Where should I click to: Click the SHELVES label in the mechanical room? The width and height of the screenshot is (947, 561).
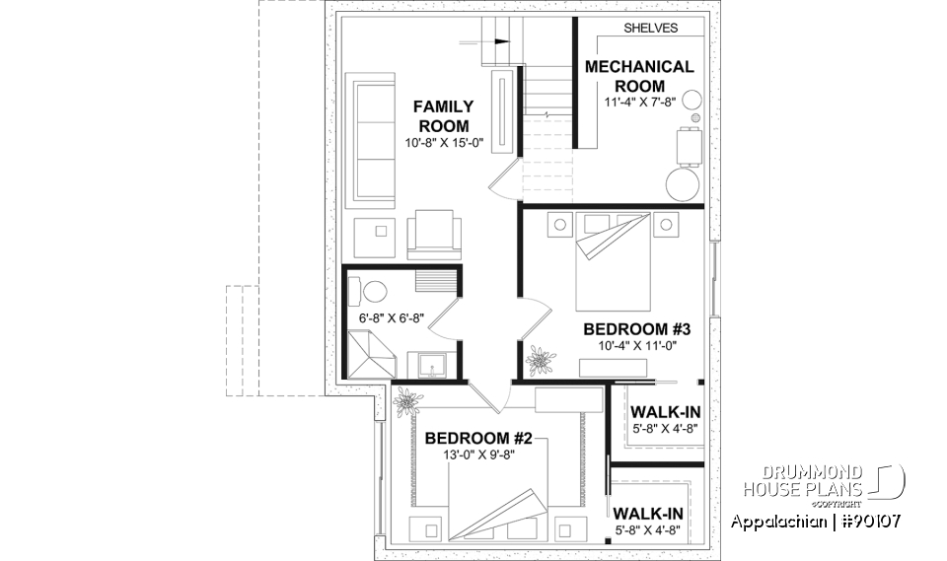coord(650,29)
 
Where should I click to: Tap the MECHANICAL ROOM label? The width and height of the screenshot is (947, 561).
coord(639,76)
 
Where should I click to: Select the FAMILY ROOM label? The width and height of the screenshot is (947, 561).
coord(443,115)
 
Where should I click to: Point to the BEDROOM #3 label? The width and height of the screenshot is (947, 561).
coord(634,329)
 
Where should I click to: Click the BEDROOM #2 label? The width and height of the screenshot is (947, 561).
coord(473,438)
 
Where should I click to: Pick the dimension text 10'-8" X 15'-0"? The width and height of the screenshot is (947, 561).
coord(443,143)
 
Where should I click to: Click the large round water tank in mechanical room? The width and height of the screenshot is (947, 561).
coord(681,184)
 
